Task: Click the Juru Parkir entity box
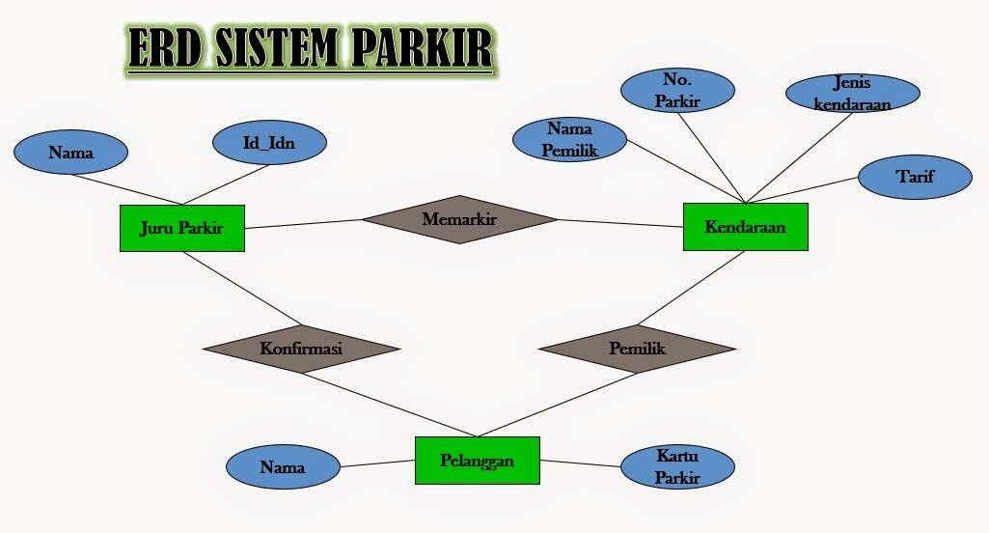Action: (x=182, y=228)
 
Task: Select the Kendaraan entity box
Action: (x=745, y=227)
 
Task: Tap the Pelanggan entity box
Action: (x=477, y=461)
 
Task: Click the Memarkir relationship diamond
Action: (x=459, y=219)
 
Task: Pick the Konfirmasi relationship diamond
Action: (x=302, y=348)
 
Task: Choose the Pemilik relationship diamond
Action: (x=637, y=348)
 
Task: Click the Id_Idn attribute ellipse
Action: (x=268, y=144)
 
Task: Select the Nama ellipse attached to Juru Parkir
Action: (x=70, y=153)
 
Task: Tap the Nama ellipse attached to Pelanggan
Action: (x=283, y=468)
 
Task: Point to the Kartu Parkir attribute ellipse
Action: (x=676, y=466)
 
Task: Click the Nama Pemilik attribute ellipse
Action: (x=571, y=139)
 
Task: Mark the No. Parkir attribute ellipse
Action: (x=677, y=90)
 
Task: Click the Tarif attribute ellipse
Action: (x=915, y=176)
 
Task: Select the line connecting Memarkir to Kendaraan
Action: (x=619, y=223)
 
